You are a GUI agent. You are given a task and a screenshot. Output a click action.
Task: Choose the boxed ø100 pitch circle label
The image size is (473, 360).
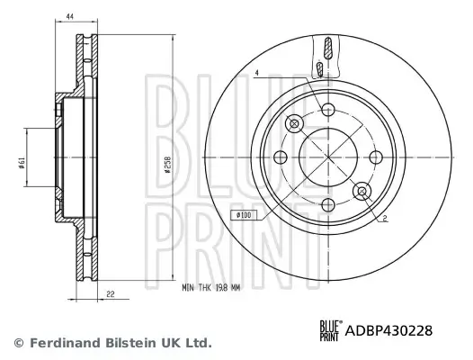tap(244, 214)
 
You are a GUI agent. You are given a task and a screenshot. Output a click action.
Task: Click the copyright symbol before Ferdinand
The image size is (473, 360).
tap(19, 343)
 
